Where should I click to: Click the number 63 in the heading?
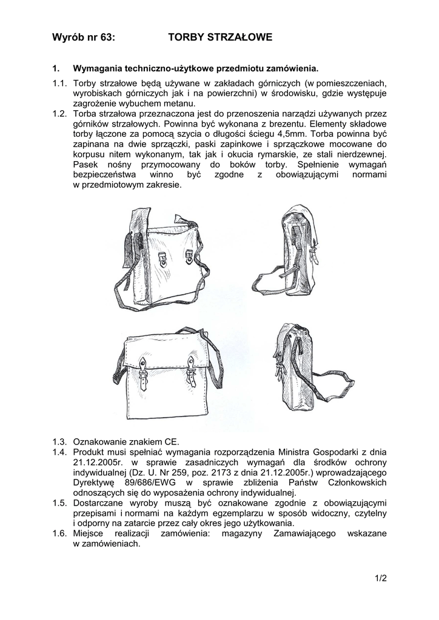tap(105, 38)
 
